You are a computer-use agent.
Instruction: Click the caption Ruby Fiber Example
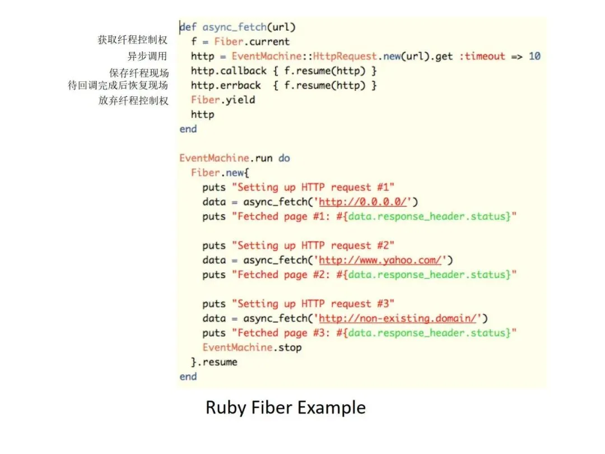tap(286, 407)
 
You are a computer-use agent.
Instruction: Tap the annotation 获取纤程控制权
tap(133, 40)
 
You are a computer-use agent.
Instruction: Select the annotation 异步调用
tap(148, 56)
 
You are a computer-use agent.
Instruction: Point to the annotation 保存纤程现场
tap(139, 73)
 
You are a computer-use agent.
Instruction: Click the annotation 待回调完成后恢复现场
tap(118, 86)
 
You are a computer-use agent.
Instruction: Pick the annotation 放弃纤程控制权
tap(133, 101)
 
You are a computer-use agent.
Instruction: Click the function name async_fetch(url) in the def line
tap(249, 27)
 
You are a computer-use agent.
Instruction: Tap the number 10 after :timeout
tap(534, 56)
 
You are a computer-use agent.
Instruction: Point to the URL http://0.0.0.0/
tap(363, 202)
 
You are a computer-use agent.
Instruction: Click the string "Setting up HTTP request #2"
tap(313, 245)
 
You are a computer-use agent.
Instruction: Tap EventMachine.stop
tap(252, 348)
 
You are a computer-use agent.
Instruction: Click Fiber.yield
tap(223, 100)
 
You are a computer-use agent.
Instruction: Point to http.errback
tap(226, 85)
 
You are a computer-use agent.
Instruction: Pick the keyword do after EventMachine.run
tap(284, 158)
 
